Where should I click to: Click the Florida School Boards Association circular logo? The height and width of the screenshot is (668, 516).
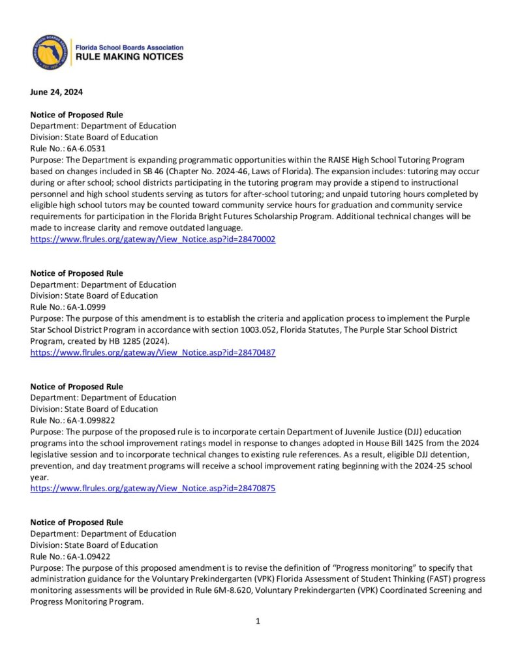[x=51, y=52]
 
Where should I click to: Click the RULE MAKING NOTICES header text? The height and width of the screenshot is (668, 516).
[x=130, y=57]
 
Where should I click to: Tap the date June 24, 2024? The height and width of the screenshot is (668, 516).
[x=56, y=92]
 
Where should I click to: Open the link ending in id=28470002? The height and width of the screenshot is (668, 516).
[x=153, y=239]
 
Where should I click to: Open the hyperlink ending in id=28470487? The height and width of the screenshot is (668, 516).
[x=153, y=352]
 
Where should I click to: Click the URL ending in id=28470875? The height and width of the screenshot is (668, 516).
[x=153, y=489]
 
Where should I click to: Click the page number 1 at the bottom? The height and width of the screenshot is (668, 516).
[x=258, y=621]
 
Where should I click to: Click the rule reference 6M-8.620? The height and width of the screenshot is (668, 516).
[x=264, y=590]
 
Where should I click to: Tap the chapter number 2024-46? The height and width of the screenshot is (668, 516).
[x=230, y=171]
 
